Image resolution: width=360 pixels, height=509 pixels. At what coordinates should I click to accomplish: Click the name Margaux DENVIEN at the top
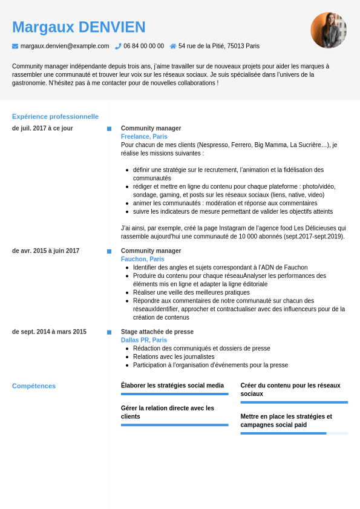click(x=79, y=27)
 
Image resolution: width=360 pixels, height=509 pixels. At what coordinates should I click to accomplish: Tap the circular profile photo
click(x=329, y=30)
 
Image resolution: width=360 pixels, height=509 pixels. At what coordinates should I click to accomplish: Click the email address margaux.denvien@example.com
click(x=65, y=46)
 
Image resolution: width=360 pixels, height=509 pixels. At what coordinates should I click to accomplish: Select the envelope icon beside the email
click(x=15, y=46)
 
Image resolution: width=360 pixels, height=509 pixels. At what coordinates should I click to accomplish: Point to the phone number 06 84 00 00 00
click(x=143, y=46)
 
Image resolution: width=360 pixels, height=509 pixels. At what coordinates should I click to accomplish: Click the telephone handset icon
click(x=119, y=46)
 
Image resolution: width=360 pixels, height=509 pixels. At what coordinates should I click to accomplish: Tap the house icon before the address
click(x=173, y=46)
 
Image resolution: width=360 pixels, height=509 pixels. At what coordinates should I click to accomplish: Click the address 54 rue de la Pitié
click(x=218, y=46)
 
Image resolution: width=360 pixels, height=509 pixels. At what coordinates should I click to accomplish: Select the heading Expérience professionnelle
click(x=55, y=116)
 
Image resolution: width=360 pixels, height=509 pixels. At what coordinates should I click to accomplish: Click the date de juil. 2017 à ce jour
click(x=42, y=128)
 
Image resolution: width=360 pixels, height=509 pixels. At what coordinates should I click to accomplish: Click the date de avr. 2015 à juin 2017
click(x=45, y=251)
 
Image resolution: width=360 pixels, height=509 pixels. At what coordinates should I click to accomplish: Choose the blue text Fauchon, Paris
click(x=142, y=259)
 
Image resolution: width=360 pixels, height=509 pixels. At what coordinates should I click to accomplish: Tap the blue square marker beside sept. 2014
click(x=109, y=332)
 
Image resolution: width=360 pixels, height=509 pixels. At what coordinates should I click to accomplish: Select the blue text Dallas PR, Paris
click(x=144, y=340)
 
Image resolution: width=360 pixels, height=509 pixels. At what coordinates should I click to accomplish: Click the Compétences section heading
click(x=34, y=386)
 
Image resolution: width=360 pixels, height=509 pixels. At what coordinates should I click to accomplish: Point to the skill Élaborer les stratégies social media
click(x=172, y=386)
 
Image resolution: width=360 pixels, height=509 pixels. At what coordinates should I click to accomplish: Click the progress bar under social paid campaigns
click(x=294, y=433)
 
